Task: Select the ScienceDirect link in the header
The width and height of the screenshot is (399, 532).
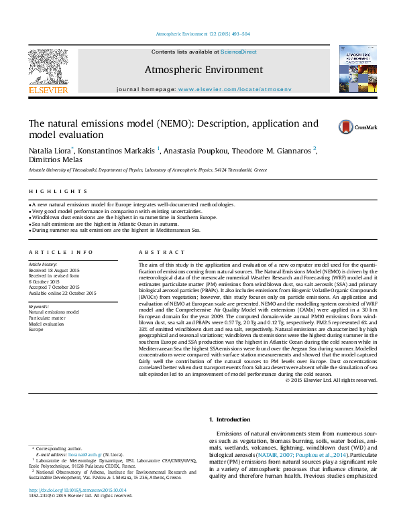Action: point(239,52)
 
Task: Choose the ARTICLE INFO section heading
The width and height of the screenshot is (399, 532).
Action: point(61,252)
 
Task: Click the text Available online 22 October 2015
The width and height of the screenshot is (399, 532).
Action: point(62,293)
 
